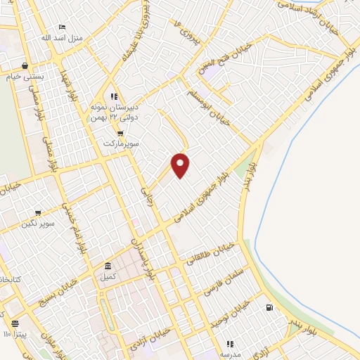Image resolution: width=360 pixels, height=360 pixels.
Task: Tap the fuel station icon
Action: coord(269,308)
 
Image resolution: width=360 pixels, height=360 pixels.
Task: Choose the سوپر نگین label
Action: coord(38,224)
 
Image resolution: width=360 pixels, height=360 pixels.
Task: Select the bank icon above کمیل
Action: coord(108,266)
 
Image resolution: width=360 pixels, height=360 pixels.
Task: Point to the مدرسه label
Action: coord(229,354)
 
